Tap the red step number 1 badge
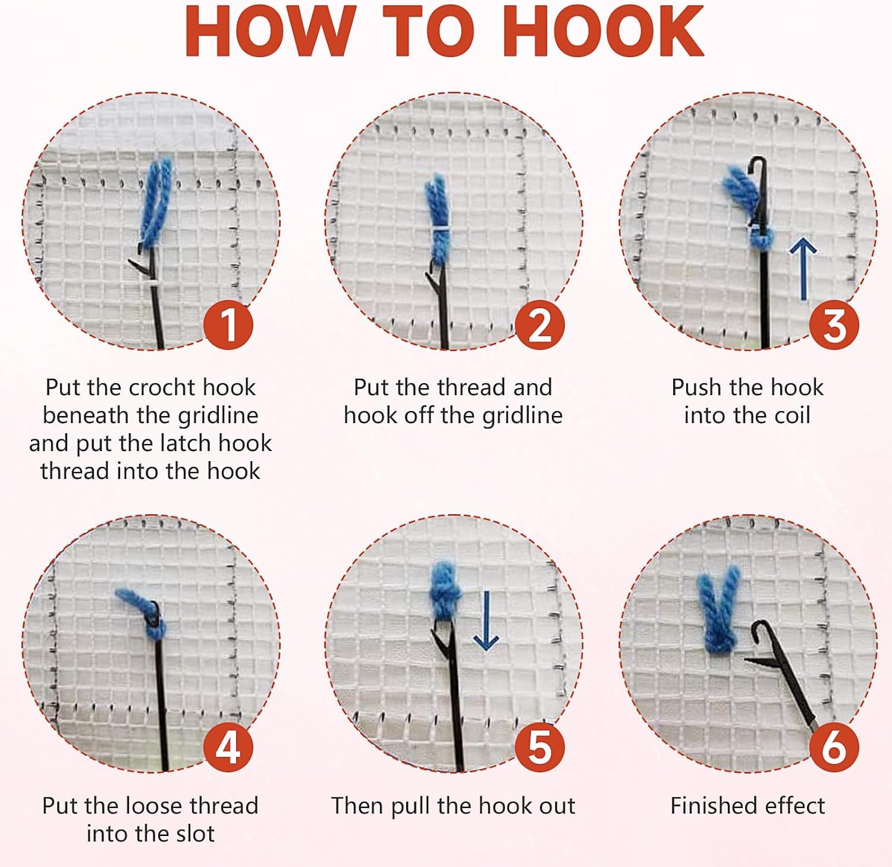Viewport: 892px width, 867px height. tap(228, 325)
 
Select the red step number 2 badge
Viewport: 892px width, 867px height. tap(539, 325)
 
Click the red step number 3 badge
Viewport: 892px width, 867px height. tap(834, 325)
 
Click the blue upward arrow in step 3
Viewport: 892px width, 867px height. tap(803, 268)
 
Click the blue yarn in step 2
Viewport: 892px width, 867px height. tap(438, 220)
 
